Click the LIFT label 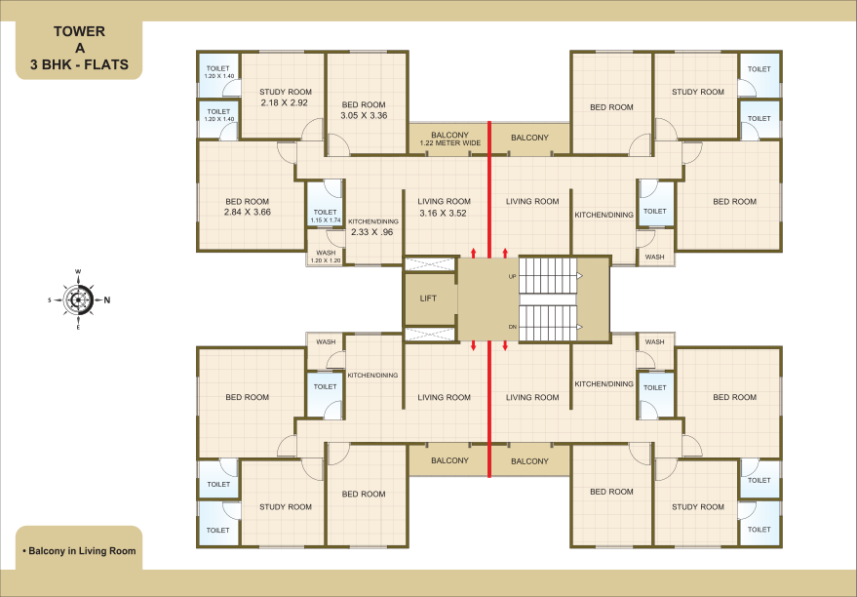tap(428, 298)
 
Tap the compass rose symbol tap(78, 299)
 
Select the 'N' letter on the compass tap(107, 300)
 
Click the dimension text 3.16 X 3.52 tap(444, 214)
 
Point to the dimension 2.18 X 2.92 tap(285, 102)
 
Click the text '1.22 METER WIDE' tap(450, 143)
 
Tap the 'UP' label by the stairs tap(512, 277)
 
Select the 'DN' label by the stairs tap(512, 327)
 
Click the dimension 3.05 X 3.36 tap(364, 115)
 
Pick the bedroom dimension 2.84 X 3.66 tap(247, 212)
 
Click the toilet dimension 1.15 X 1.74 tap(326, 220)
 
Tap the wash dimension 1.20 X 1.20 tap(326, 260)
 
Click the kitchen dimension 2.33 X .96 tap(372, 232)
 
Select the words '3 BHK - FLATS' tap(79, 64)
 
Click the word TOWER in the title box tap(79, 32)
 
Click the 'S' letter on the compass tap(50, 300)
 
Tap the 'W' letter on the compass tap(78, 272)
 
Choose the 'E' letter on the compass tap(78, 328)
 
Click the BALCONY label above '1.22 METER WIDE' tap(449, 135)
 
